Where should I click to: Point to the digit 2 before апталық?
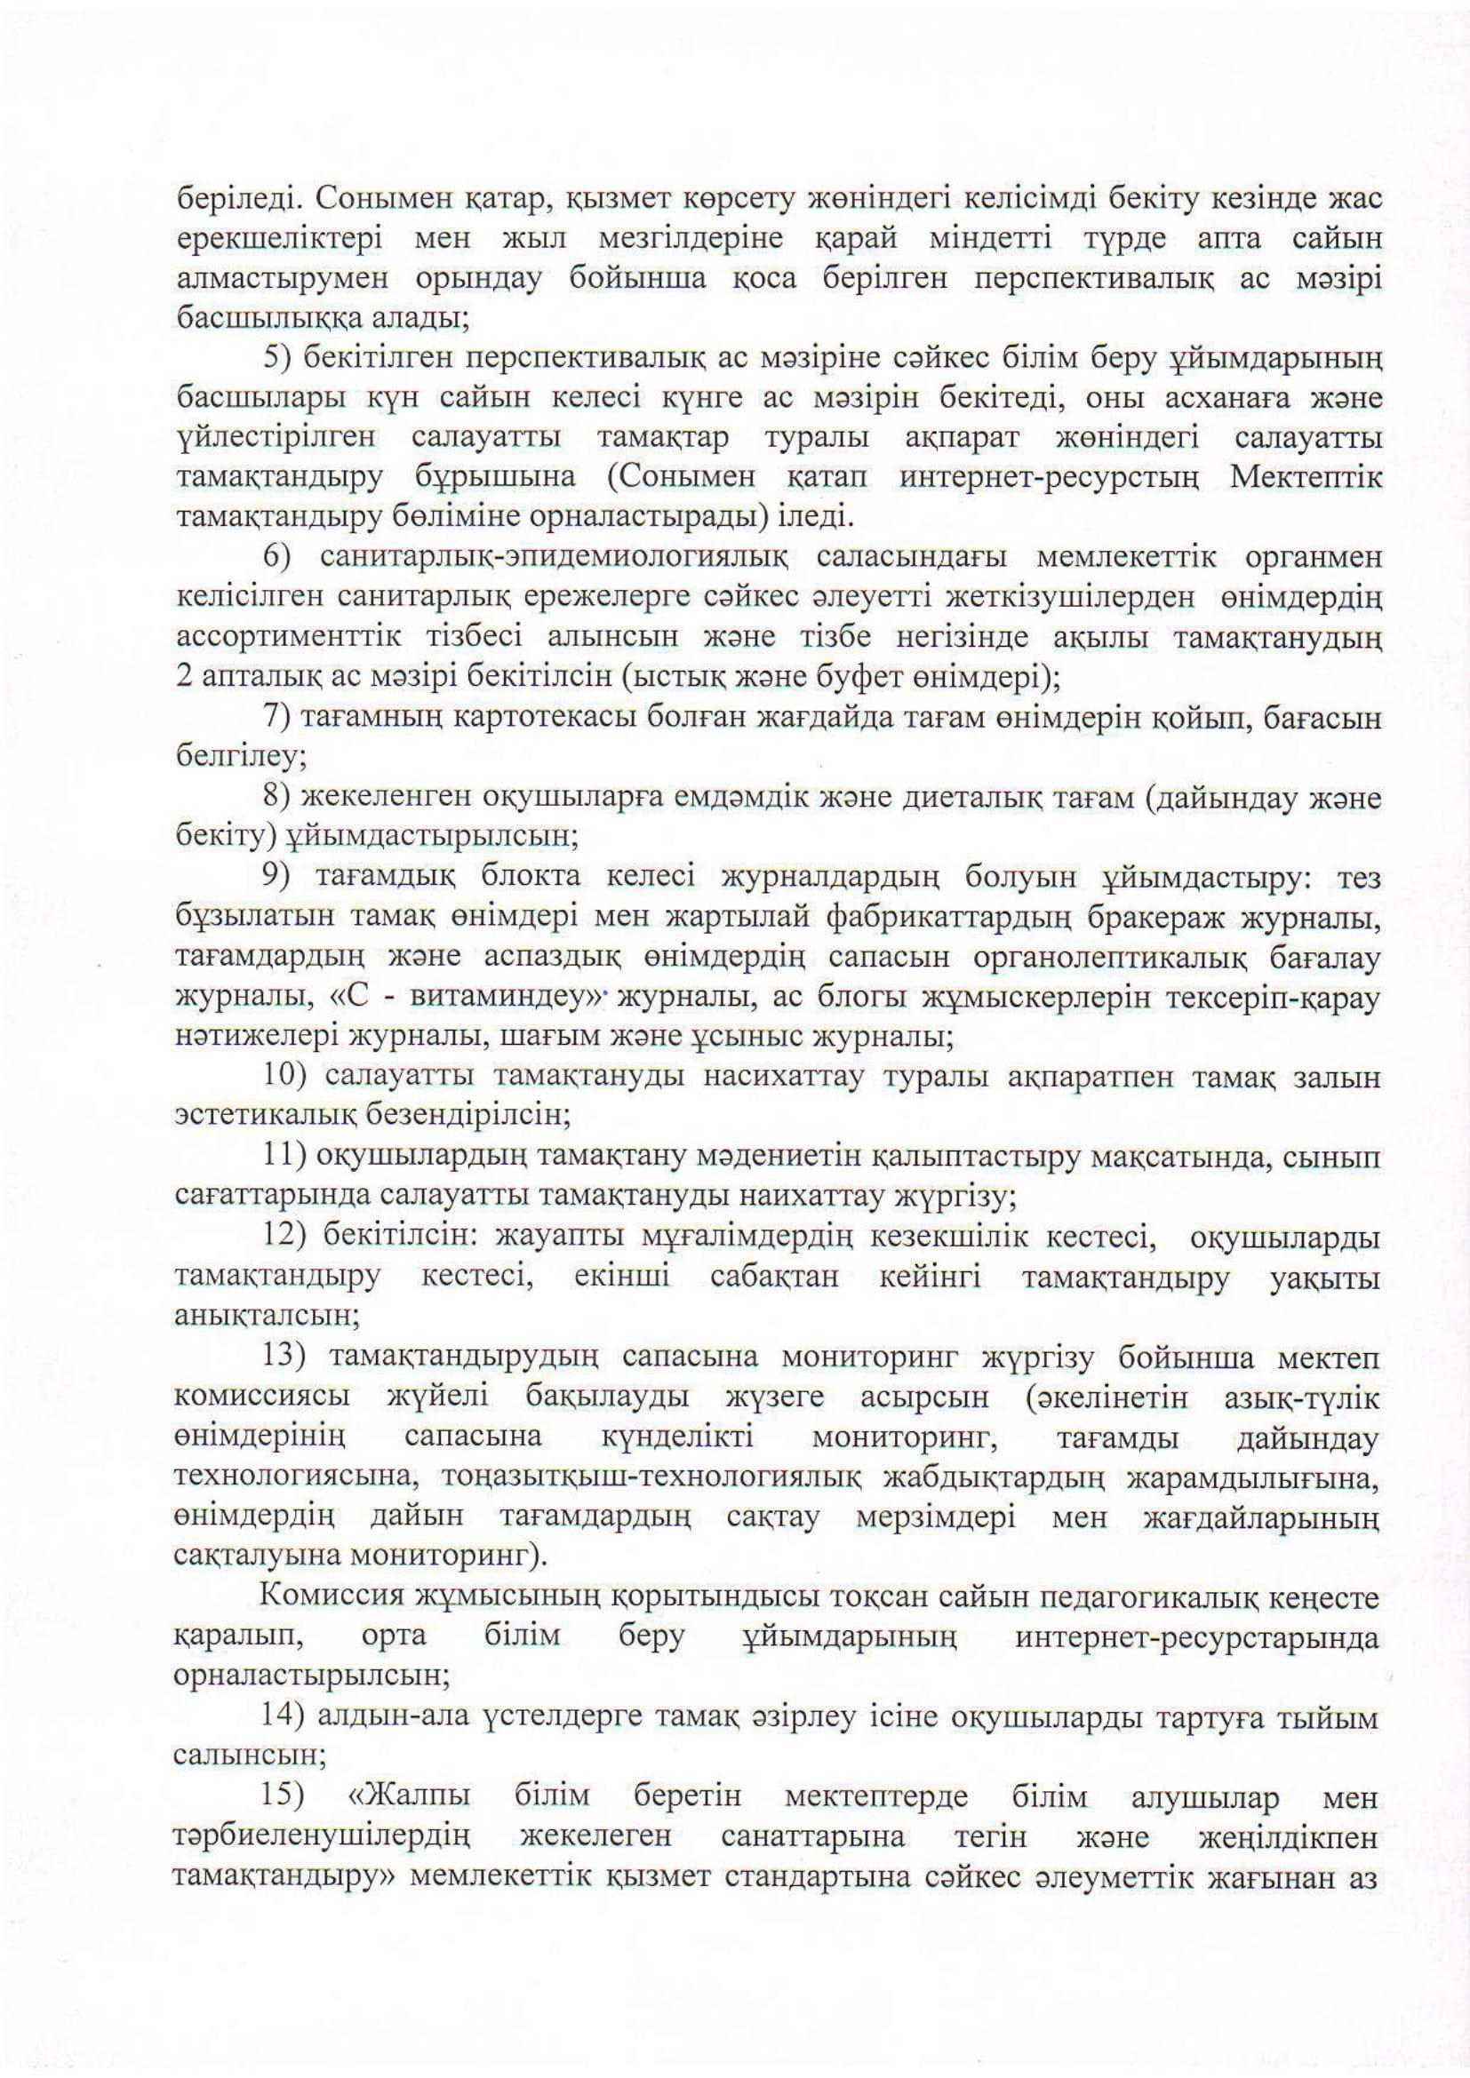(x=183, y=676)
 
